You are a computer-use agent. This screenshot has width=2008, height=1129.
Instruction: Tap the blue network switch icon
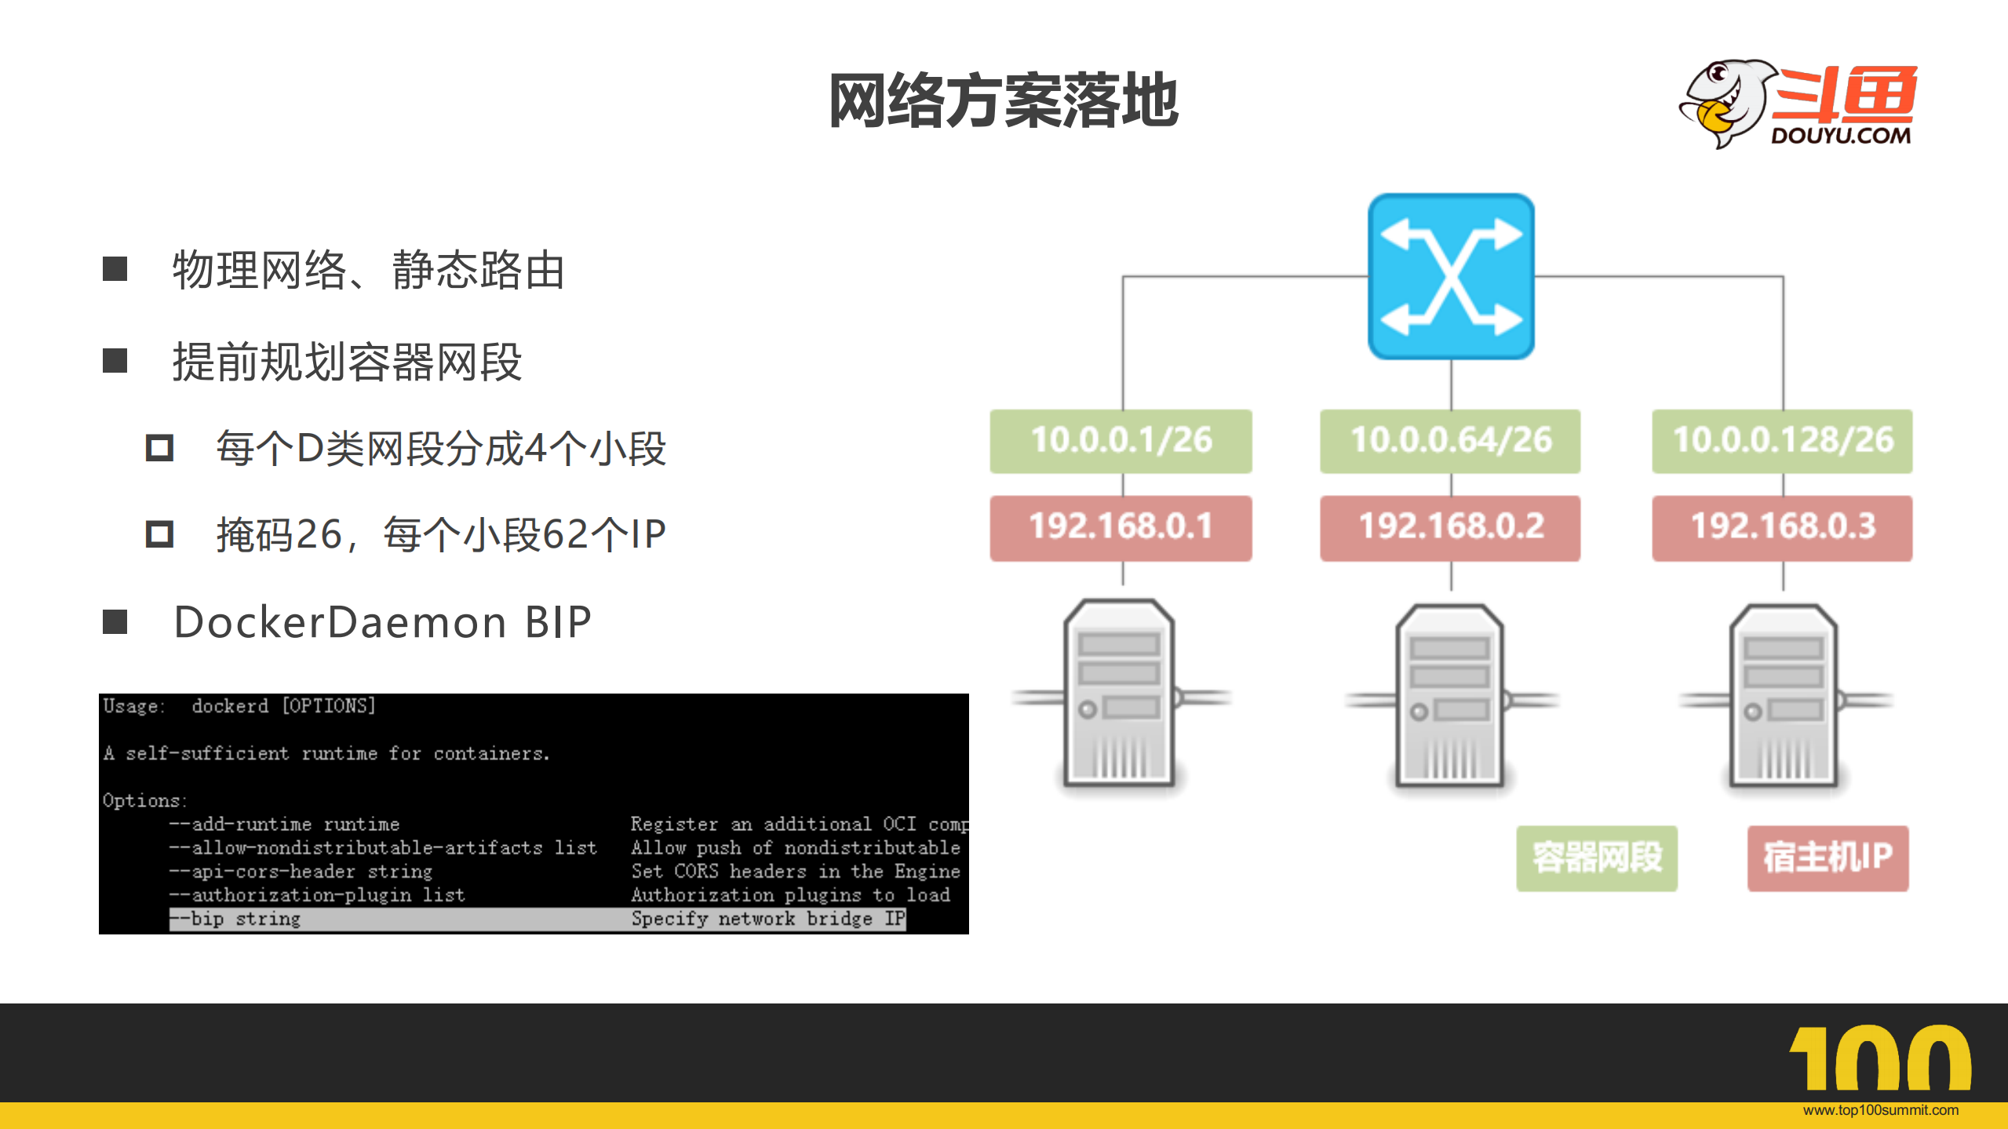pyautogui.click(x=1451, y=276)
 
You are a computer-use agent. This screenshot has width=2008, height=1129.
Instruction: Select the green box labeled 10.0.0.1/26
pyautogui.click(x=1121, y=440)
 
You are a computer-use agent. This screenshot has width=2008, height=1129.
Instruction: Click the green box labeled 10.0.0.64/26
pyautogui.click(x=1450, y=440)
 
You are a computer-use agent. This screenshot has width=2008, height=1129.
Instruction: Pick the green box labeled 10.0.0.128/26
pyautogui.click(x=1782, y=440)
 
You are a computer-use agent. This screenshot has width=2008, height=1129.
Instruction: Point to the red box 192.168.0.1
pyautogui.click(x=1121, y=526)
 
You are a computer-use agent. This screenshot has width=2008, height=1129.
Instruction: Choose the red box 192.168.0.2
pyautogui.click(x=1450, y=526)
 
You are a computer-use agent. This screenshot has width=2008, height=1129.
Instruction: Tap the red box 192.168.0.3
pyautogui.click(x=1782, y=526)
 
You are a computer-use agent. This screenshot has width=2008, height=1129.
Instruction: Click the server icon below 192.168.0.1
pyautogui.click(x=1120, y=694)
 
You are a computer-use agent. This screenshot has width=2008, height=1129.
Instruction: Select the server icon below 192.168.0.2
pyautogui.click(x=1450, y=697)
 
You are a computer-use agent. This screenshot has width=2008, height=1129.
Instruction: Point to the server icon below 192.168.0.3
pyautogui.click(x=1784, y=697)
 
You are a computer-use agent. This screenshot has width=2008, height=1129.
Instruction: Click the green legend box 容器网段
pyautogui.click(x=1597, y=858)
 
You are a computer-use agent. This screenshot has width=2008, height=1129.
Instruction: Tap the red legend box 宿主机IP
pyautogui.click(x=1828, y=858)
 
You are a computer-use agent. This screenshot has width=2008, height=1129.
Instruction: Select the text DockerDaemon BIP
pyautogui.click(x=383, y=622)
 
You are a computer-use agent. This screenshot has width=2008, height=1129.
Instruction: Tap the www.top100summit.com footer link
pyautogui.click(x=1880, y=1110)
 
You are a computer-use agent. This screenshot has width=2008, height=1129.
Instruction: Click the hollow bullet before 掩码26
pyautogui.click(x=159, y=534)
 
